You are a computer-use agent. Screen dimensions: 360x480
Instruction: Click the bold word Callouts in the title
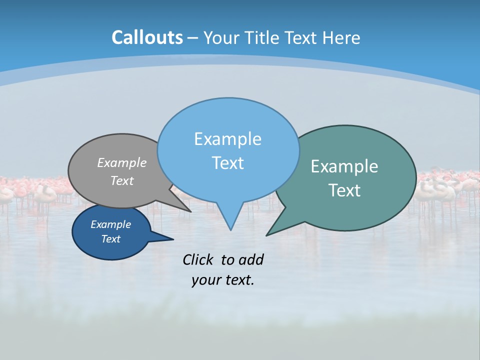147,37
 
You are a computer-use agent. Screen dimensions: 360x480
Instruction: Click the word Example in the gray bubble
122,163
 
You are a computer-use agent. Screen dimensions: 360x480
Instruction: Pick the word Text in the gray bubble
122,180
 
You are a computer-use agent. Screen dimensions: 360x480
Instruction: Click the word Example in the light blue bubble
227,139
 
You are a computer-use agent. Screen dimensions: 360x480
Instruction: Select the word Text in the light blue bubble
227,163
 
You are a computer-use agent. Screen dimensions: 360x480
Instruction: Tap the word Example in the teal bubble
344,166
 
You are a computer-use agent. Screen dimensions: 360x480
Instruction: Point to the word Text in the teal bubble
344,190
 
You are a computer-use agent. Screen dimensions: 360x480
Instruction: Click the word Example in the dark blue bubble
110,224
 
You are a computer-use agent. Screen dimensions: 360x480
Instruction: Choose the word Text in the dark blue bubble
110,239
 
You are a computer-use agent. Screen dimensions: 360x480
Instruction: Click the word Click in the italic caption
198,259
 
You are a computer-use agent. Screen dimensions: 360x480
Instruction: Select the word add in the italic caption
251,259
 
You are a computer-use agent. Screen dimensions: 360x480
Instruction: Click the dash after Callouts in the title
192,38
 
